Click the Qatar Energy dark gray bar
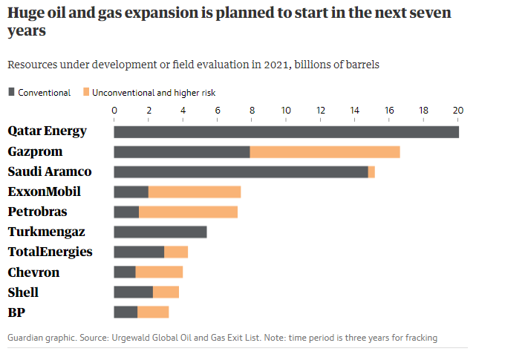(x=286, y=131)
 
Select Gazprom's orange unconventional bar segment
(x=325, y=152)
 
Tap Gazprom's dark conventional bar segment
(x=182, y=152)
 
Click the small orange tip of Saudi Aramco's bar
(x=371, y=172)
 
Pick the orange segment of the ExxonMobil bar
(x=195, y=192)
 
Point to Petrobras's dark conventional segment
(x=126, y=212)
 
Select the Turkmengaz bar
(x=160, y=232)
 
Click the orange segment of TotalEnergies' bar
(x=176, y=252)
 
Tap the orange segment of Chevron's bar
(x=159, y=272)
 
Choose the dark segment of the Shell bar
(x=133, y=292)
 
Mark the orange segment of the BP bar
(x=153, y=312)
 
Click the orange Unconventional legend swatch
(x=85, y=93)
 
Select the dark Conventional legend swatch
(x=11, y=93)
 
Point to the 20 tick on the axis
(x=458, y=111)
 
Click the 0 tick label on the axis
(x=114, y=111)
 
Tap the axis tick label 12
(x=321, y=111)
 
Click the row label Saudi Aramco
(x=50, y=171)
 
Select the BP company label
(x=16, y=312)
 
